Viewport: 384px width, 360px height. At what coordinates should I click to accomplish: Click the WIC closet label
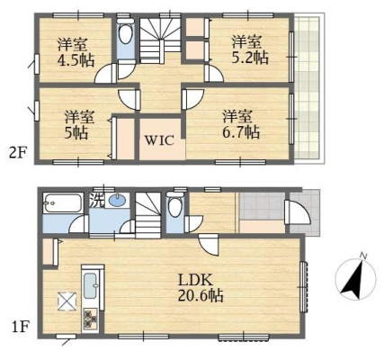(x=159, y=140)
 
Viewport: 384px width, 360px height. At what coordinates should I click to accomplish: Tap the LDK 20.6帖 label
(x=201, y=288)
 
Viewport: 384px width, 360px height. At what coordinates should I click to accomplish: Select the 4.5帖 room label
(x=76, y=52)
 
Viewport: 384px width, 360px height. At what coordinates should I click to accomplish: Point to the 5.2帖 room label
(x=250, y=49)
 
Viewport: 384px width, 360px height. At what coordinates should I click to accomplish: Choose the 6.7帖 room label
(x=241, y=124)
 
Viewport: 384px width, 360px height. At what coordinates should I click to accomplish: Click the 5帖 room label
(x=79, y=125)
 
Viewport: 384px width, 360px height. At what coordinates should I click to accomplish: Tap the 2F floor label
(x=18, y=154)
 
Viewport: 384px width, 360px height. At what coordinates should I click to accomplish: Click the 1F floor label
(x=20, y=327)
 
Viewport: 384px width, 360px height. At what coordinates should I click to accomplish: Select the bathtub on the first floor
(x=63, y=203)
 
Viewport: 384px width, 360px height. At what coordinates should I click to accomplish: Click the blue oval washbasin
(x=118, y=201)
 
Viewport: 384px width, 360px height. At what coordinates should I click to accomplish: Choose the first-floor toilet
(x=174, y=205)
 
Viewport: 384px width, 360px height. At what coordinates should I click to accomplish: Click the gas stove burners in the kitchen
(x=90, y=319)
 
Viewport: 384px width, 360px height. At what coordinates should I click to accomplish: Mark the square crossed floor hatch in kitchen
(x=67, y=301)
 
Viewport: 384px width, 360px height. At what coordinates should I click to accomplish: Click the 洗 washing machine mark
(x=96, y=201)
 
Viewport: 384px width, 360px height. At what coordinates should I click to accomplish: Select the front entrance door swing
(x=299, y=212)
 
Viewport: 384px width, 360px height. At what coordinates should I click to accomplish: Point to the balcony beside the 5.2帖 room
(x=308, y=88)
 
